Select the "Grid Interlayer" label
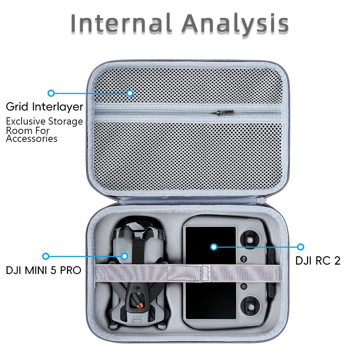[x=45, y=107]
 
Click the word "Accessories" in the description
[x=32, y=139]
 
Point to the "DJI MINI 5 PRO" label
[x=44, y=270]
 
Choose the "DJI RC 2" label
[x=318, y=260]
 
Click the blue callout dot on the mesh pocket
[x=130, y=93]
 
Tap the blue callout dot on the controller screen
[x=214, y=247]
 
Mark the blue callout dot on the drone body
[x=125, y=256]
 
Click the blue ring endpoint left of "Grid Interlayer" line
[x=51, y=93]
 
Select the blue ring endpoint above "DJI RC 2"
[x=301, y=247]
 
